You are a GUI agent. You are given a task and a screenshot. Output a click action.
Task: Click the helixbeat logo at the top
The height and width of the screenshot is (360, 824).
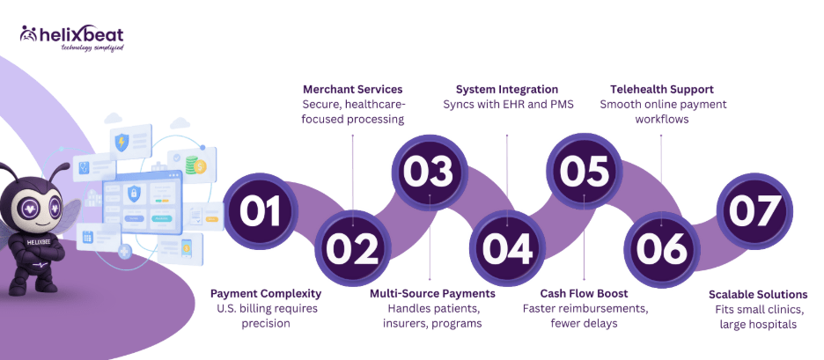[71, 38]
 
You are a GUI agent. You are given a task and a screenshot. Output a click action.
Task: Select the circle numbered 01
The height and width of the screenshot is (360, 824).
[261, 210]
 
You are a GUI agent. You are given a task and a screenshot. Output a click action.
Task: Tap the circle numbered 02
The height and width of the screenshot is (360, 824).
[352, 249]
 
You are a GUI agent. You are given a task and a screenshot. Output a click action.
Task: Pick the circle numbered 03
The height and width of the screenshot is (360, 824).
[430, 172]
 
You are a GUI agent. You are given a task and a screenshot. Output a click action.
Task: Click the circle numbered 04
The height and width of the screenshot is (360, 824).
[507, 249]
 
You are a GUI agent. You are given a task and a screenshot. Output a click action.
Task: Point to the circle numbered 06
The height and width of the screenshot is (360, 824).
[661, 249]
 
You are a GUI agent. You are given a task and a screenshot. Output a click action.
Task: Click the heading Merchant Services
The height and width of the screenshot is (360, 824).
[352, 90]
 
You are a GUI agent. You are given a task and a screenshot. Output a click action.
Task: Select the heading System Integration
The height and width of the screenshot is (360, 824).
[507, 90]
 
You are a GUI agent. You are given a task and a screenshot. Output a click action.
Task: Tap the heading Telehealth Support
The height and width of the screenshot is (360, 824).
[662, 90]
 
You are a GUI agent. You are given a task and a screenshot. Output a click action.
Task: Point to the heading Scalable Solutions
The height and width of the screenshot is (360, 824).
[759, 294]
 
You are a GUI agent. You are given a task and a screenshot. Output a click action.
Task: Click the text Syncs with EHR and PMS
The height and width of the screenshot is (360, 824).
[507, 105]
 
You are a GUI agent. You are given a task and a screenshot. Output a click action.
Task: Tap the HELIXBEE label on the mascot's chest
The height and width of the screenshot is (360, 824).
[33, 244]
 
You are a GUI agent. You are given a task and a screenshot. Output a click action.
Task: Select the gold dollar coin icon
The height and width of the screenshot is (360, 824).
[199, 165]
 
